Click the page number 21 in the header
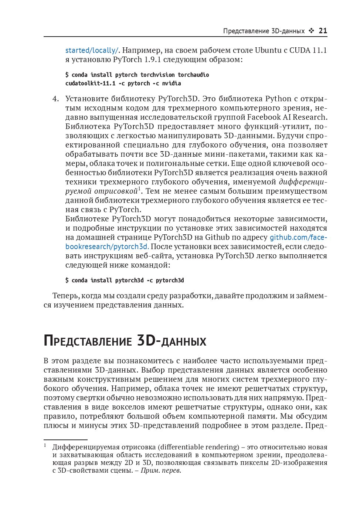click(323, 31)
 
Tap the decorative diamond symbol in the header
click(311, 31)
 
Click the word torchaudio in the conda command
click(193, 75)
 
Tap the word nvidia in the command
click(171, 83)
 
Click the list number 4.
click(55, 99)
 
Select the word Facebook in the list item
click(264, 117)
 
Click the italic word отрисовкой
click(116, 191)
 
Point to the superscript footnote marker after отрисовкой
click(139, 189)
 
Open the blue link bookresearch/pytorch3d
click(107, 247)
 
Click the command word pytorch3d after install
click(129, 280)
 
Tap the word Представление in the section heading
click(88, 341)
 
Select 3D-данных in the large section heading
click(171, 341)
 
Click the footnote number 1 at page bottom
click(45, 445)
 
